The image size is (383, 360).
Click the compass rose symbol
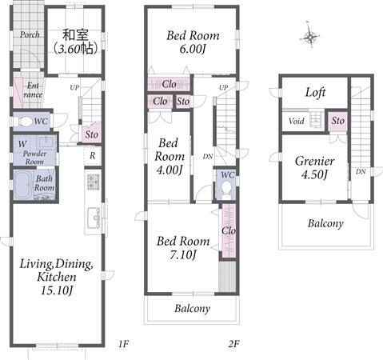[310, 36]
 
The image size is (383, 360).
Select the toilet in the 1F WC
[23, 122]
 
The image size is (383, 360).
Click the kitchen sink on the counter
[93, 218]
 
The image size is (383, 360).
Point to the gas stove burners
[93, 182]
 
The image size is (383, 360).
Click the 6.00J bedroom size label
[192, 50]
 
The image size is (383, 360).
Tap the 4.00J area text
[170, 170]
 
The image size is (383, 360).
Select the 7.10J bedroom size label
[183, 254]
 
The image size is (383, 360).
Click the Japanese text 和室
[75, 35]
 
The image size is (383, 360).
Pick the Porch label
[30, 34]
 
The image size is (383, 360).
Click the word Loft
[315, 92]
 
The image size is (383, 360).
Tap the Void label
[297, 121]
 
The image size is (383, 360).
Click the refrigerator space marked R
[93, 155]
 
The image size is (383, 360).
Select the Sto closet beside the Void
[338, 121]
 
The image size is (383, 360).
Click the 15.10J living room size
[57, 290]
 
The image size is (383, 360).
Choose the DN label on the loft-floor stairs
[361, 171]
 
